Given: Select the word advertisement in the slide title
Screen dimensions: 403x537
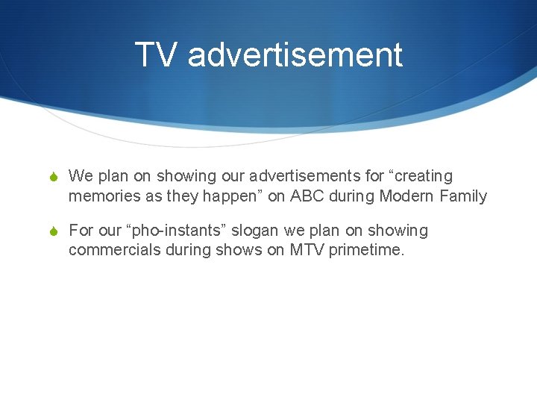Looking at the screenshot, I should pos(295,55).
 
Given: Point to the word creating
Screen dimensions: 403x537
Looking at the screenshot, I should pos(423,176).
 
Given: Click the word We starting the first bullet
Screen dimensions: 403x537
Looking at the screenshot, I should pos(80,176).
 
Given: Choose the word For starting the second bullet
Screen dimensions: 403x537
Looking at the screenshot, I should pos(81,231).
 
